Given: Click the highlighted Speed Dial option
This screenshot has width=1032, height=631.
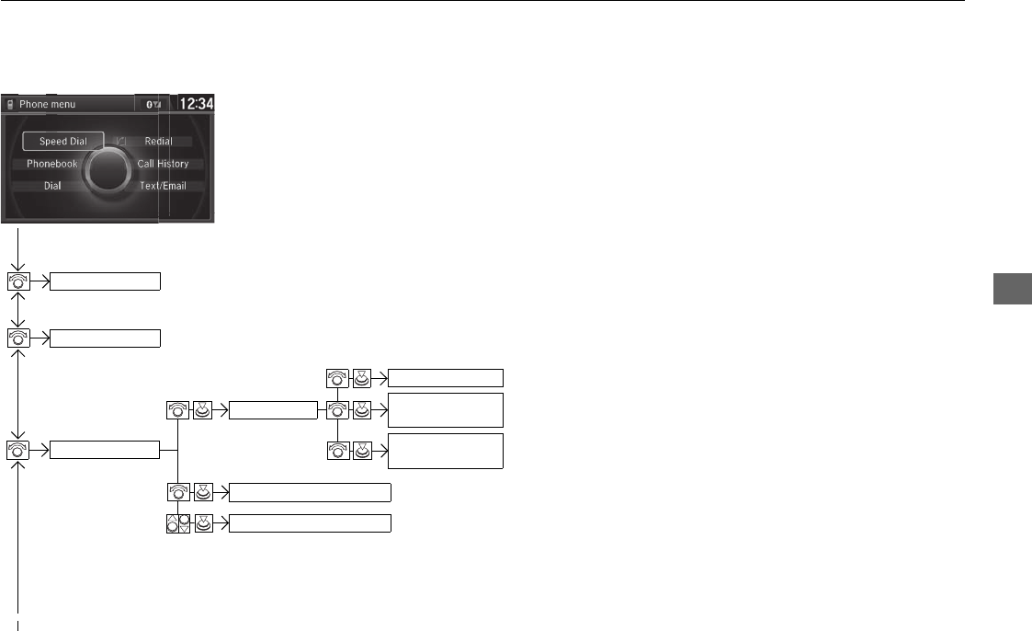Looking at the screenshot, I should [x=63, y=142].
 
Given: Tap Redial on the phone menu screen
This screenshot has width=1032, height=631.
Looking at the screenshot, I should [x=158, y=142].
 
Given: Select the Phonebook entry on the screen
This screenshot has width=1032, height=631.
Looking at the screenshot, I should [x=51, y=164].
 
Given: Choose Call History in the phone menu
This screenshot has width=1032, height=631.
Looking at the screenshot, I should [x=163, y=164].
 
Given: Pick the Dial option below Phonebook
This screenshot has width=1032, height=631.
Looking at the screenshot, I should [x=52, y=186].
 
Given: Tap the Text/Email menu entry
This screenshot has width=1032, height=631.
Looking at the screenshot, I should [x=163, y=186].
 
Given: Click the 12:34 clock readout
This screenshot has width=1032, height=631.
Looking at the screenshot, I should [x=195, y=104].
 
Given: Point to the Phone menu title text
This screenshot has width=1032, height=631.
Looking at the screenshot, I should [x=48, y=105].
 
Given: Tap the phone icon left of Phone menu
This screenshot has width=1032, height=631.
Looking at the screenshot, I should [x=10, y=105].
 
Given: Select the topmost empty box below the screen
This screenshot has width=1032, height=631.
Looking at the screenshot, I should [x=105, y=281].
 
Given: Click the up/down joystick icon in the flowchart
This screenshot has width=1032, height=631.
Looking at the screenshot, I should [x=178, y=523].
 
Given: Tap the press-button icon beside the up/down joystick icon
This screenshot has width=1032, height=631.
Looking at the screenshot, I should [x=203, y=523].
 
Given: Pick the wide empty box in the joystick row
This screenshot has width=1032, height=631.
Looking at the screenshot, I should [x=310, y=523].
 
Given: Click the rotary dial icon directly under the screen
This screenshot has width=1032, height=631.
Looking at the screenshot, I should [x=17, y=281].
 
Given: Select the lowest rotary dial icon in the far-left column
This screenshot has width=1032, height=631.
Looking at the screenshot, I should [x=17, y=449].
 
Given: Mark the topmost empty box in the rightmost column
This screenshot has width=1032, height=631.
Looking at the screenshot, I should [x=446, y=377].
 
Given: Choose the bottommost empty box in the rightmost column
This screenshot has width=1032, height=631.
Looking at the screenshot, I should [x=446, y=451].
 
